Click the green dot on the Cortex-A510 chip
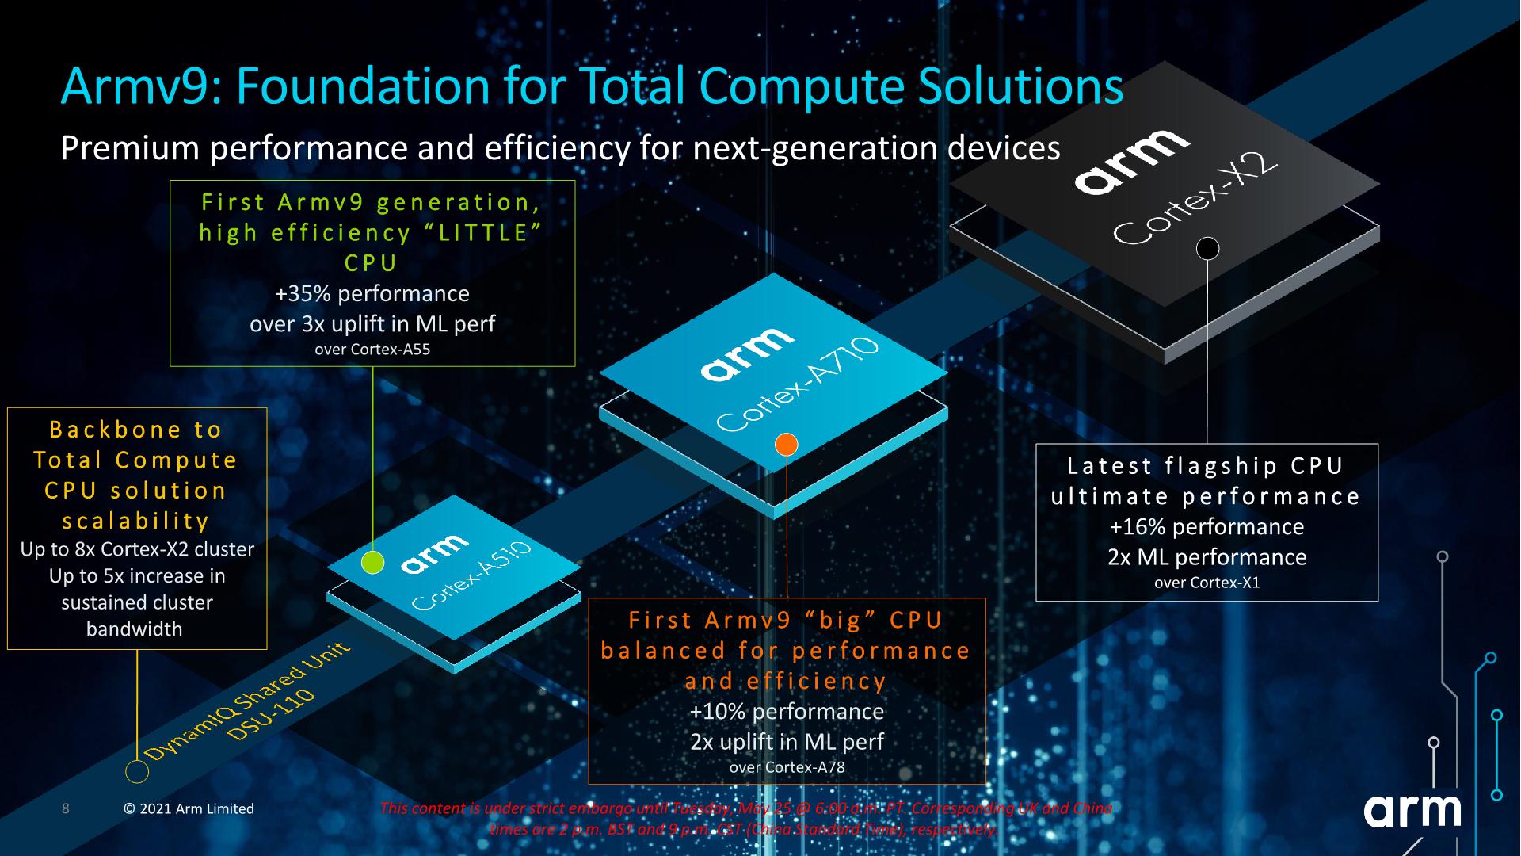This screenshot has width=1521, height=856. pos(372,562)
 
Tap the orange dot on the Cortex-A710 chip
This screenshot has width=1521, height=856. pos(786,444)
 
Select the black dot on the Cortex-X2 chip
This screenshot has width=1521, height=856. pos(1207,249)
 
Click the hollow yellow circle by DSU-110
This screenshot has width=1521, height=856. pos(137,771)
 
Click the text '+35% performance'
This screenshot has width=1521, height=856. pos(372,293)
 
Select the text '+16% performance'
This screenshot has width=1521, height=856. pos(1207,527)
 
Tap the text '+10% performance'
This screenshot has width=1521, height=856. pos(787,711)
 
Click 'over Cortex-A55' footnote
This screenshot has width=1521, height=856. pos(372,350)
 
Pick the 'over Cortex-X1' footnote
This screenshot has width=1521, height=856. pos(1207,583)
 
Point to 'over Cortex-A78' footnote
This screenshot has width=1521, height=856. pos(787,767)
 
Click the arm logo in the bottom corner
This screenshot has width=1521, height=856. pos(1412,810)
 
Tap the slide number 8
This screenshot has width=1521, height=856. pos(66,808)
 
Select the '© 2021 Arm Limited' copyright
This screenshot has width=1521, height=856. pos(189,809)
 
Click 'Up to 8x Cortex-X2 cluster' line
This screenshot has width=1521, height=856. pos(137,549)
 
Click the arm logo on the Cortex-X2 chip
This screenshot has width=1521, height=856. pos(1131,161)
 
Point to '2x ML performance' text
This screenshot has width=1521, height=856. pos(1207,557)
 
